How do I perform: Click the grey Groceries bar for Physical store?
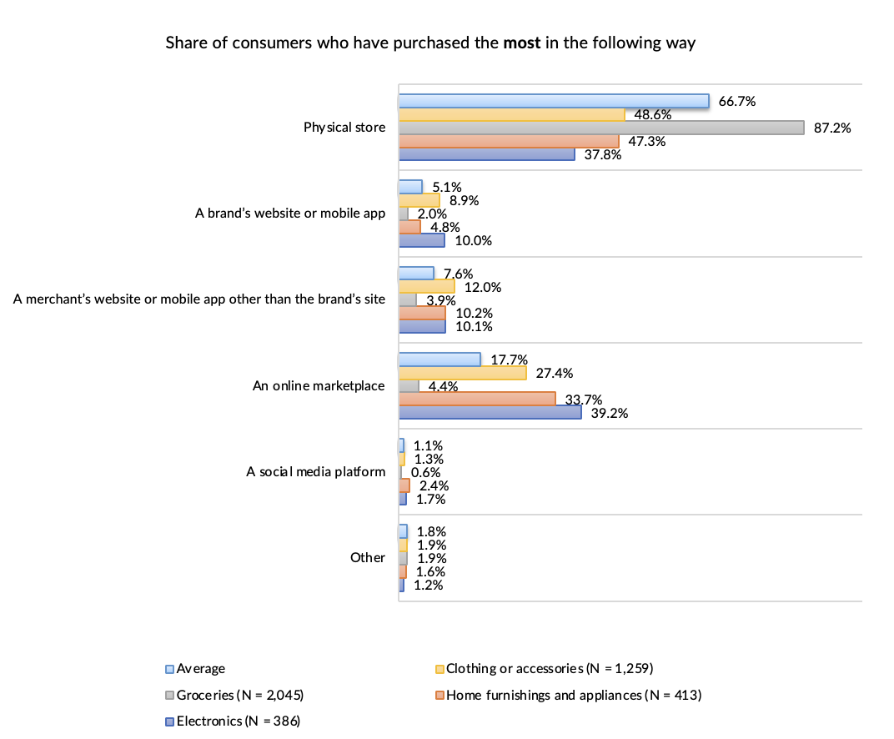pos(600,128)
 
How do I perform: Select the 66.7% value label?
pos(736,102)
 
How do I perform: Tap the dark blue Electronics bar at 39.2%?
pos(490,413)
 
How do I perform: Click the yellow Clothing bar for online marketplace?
pos(462,373)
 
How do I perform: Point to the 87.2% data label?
pos(832,128)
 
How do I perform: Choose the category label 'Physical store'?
pos(344,128)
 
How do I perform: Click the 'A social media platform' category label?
pos(315,472)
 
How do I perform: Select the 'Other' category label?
pos(368,558)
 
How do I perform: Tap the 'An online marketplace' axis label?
pos(319,386)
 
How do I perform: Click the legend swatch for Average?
pos(169,669)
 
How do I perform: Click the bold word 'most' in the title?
pos(522,43)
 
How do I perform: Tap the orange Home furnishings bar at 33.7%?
pos(476,400)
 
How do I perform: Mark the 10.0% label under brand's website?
pos(474,241)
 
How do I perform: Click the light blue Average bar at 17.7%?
pos(439,359)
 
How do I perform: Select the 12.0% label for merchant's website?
pos(483,287)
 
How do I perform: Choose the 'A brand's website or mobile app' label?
pos(289,214)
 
